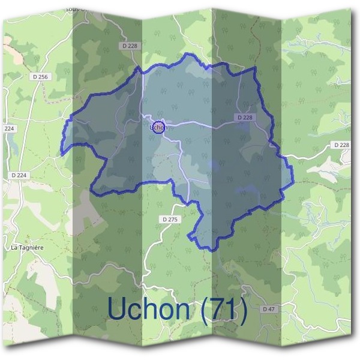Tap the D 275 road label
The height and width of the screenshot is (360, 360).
(x=170, y=220)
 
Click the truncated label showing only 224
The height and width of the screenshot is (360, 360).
(x=8, y=129)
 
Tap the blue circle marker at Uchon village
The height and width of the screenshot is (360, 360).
(x=158, y=127)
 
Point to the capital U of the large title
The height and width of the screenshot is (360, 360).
(x=118, y=309)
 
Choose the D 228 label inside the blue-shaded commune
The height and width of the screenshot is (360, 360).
(x=245, y=117)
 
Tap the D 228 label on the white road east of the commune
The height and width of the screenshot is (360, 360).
(x=340, y=145)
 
